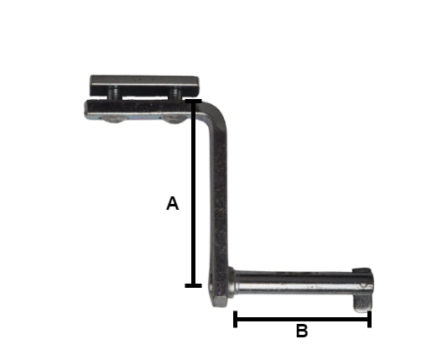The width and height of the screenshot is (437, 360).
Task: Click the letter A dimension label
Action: tap(172, 203)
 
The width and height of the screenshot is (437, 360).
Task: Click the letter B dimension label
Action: tap(302, 331)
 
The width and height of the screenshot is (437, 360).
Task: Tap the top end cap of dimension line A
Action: tap(193, 101)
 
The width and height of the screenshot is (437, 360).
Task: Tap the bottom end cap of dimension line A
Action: tap(193, 285)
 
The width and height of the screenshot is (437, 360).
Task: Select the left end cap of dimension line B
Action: tap(235, 319)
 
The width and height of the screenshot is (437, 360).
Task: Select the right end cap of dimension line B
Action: tap(369, 319)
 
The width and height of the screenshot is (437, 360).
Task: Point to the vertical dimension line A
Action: tap(193, 193)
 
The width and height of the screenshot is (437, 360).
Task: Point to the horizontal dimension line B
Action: tap(302, 319)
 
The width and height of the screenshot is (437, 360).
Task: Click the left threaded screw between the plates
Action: tap(114, 93)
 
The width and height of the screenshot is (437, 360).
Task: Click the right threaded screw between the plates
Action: tap(176, 93)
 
